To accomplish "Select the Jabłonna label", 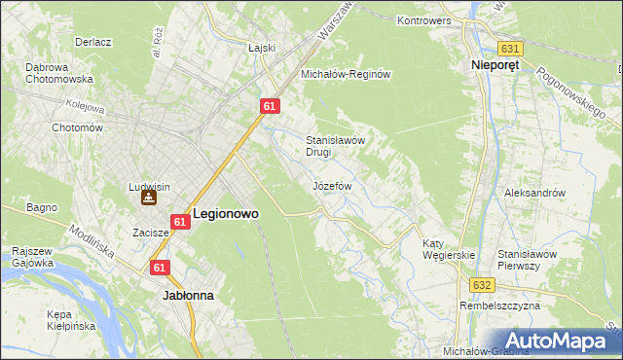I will coord(189,294).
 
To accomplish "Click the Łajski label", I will coord(263,47).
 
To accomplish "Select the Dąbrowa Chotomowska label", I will coord(59,73).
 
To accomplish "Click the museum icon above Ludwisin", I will coord(148,198).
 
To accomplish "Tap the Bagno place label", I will coord(43,207).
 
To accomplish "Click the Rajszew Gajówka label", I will coord(32,256).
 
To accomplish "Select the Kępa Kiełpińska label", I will coord(71,320).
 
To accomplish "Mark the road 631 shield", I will coord(509,48).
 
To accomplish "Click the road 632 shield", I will coord(485,285).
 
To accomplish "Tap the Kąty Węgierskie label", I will coord(449,249).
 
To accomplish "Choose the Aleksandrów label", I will coord(534,193).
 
